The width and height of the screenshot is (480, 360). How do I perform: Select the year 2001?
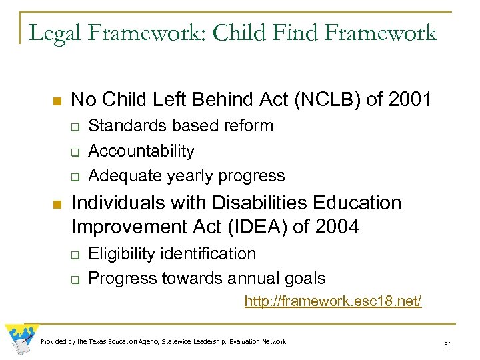[x=409, y=100]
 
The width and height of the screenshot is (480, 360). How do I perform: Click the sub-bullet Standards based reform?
[x=181, y=125]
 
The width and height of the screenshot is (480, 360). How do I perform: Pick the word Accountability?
[x=141, y=151]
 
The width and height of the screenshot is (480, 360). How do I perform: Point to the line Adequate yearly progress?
[x=186, y=175]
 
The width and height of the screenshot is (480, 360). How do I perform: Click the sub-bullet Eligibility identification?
[x=172, y=253]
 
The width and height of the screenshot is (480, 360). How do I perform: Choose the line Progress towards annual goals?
[x=207, y=278]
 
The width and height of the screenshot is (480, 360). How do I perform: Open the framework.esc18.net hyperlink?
[x=333, y=301]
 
